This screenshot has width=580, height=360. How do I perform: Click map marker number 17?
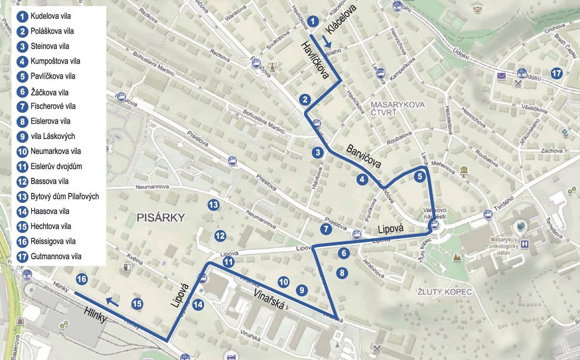tap(556, 73)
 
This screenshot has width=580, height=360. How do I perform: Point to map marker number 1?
tap(313, 21)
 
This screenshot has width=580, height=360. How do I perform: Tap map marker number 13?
tap(213, 205)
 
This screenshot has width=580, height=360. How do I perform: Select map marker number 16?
tap(82, 279)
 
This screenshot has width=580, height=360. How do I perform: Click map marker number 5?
tap(420, 176)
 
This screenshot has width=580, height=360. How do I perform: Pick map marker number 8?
tap(342, 273)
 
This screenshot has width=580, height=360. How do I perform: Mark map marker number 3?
tap(317, 153)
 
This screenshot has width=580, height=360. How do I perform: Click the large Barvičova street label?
tap(363, 156)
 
